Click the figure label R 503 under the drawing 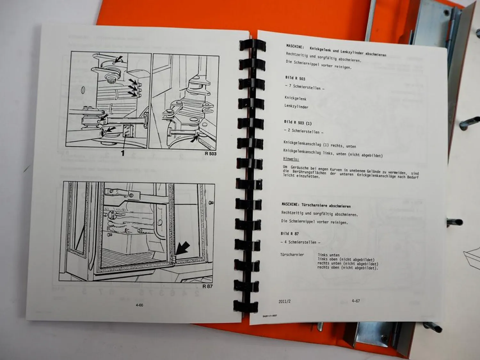(x=211, y=154)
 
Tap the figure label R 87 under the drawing (x=207, y=286)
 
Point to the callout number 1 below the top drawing (x=122, y=154)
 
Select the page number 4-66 (x=139, y=305)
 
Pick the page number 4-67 (x=356, y=301)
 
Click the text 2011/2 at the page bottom (x=284, y=301)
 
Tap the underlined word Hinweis (x=291, y=159)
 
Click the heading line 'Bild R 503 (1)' (x=298, y=123)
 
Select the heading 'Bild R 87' (x=290, y=234)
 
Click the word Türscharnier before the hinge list (x=292, y=255)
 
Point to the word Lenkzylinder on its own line (x=296, y=106)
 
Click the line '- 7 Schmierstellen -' (x=304, y=87)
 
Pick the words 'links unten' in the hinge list (x=329, y=255)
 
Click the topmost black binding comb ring (x=252, y=45)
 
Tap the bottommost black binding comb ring (x=245, y=307)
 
